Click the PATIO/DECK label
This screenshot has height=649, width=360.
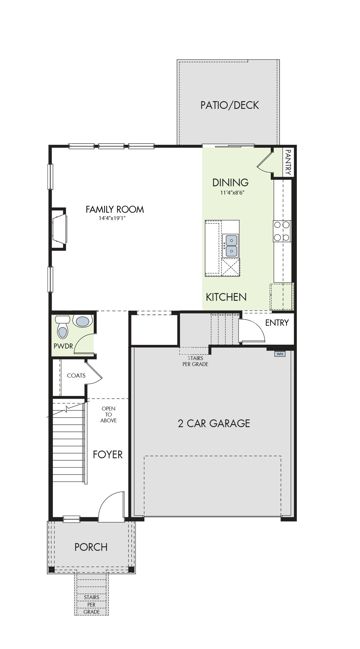230,105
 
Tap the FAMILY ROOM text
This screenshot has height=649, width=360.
115,209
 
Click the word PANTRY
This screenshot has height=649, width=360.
288,162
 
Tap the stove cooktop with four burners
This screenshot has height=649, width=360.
282,231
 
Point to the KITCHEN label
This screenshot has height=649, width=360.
226,297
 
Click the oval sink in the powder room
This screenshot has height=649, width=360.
82,321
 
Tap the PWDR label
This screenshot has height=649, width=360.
63,346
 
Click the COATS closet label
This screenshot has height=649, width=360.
76,376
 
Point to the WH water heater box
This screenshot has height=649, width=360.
280,354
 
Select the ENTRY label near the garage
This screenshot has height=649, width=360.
277,323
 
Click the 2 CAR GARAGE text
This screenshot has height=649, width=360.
214,423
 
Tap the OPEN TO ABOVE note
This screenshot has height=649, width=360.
109,414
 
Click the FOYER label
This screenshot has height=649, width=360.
108,454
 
